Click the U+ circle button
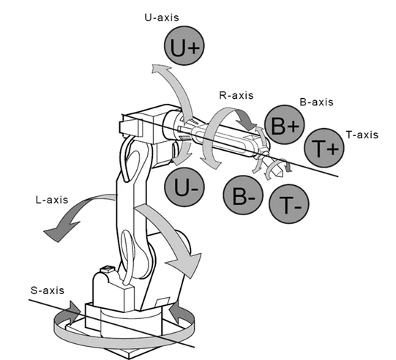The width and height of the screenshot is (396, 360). click(x=184, y=46)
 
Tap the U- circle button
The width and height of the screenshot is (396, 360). click(x=184, y=187)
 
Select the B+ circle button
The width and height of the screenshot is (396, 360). click(x=285, y=124)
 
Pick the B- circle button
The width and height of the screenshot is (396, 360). click(x=243, y=195)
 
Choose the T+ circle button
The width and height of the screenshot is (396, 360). click(x=324, y=148)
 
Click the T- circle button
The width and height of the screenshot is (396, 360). click(x=289, y=204)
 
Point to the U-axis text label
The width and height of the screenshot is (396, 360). click(x=162, y=18)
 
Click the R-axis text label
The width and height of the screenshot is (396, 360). click(x=236, y=95)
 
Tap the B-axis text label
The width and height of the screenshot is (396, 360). click(x=316, y=102)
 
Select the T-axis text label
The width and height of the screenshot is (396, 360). click(x=362, y=135)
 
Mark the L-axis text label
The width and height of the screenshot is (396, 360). click(x=52, y=200)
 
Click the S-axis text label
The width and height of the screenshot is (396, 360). click(x=48, y=290)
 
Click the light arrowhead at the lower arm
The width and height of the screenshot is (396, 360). click(x=186, y=265)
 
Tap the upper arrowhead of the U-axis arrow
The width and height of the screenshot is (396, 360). click(x=161, y=68)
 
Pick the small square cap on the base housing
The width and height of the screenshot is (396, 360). click(x=108, y=269)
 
